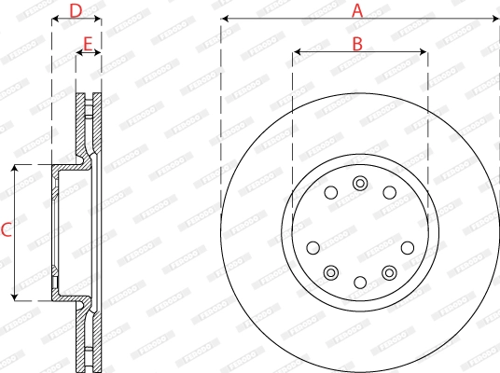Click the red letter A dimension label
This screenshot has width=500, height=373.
pos(356,11)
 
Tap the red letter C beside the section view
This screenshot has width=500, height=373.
pos(6,230)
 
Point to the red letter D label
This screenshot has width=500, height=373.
pos(76,11)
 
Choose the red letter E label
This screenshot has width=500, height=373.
pos(88,43)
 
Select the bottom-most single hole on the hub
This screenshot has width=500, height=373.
pos(360,282)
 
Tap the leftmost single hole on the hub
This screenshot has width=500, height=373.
pos(313,247)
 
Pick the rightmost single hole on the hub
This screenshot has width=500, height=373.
pos(408,247)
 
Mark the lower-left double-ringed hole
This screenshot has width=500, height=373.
pos(331,271)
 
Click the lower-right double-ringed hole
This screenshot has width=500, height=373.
pos(389,271)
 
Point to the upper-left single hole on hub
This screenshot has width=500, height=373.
pos(330,192)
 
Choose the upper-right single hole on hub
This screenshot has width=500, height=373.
pos(390,192)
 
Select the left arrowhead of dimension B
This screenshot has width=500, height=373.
pos(297,52)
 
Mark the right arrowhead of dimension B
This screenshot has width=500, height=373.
pos(424,52)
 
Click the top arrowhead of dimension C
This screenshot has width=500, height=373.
pos(16,169)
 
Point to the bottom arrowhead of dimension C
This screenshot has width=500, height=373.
pos(16,296)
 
